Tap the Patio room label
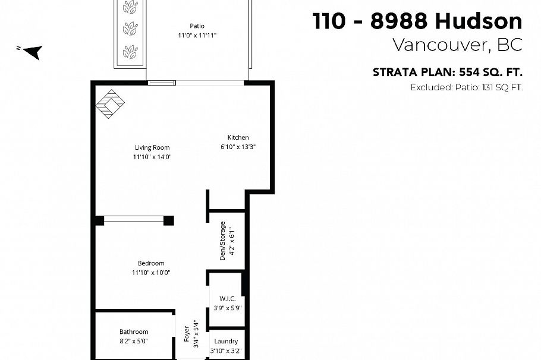197,26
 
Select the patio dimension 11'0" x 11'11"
197,36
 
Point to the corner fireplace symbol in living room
111,103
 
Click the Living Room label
152,147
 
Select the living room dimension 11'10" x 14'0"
152,157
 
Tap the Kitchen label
238,137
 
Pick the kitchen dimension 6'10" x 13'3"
238,147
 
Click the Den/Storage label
223,241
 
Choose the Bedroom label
151,263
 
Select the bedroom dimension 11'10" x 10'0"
151,273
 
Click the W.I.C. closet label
227,298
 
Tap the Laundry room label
226,341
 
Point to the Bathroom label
134,331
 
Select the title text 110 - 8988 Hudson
417,21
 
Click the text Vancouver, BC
457,45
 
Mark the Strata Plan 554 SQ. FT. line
448,72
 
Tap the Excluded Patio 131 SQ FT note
467,87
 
